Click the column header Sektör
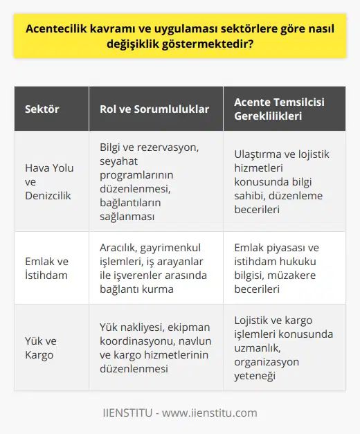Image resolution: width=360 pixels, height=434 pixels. (43, 109)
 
